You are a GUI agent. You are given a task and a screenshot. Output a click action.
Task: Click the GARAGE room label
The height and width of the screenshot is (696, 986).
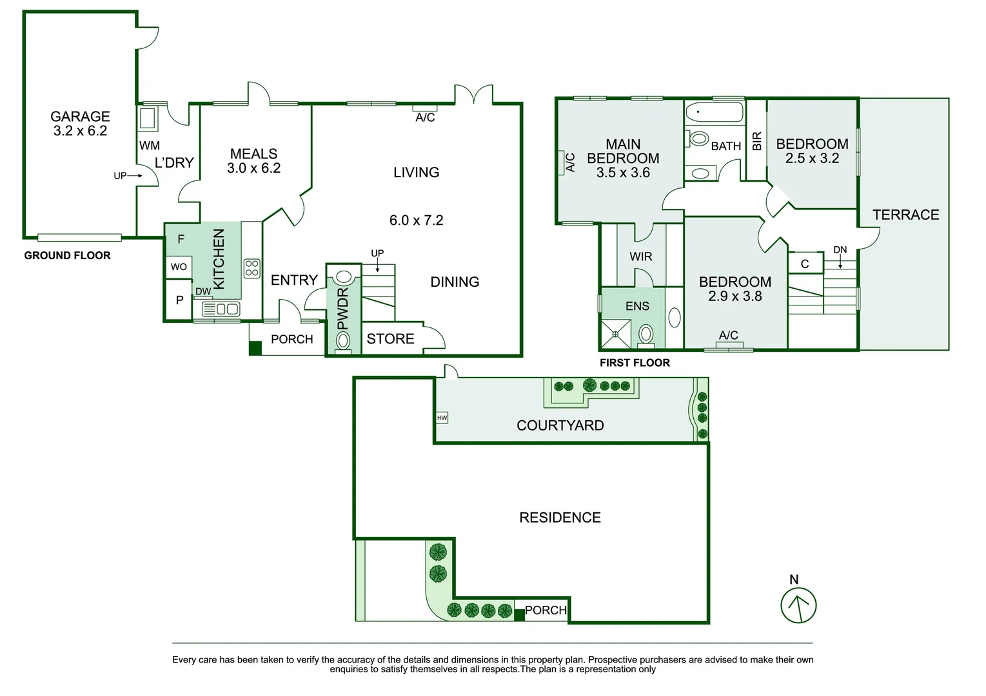point(80,116)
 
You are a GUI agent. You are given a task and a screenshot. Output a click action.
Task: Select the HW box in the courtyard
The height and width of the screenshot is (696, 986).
point(442,418)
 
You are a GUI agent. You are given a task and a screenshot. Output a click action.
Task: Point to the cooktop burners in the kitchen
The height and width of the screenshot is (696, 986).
point(252,268)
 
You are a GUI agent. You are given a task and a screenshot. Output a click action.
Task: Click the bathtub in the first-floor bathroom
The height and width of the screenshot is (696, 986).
point(714,111)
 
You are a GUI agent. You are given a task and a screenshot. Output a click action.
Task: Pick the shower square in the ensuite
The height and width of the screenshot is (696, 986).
point(615,334)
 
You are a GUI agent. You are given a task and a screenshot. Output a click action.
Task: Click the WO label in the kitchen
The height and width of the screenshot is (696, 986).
point(179,267)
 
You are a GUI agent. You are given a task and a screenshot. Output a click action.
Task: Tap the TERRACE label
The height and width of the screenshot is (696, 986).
point(906,215)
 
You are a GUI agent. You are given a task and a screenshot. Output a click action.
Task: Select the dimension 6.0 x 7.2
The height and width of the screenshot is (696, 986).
point(417,220)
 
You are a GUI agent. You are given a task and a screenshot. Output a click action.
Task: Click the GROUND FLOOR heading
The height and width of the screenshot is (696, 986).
point(67,256)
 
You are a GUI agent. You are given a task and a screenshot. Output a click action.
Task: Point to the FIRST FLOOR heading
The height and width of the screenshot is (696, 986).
point(635,363)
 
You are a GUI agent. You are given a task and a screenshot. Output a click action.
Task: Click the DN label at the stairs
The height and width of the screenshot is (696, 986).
point(840,250)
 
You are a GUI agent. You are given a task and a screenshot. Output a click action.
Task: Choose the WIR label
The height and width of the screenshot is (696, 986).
point(641,256)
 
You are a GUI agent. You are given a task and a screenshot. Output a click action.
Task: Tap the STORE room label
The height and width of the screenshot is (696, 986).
point(390,339)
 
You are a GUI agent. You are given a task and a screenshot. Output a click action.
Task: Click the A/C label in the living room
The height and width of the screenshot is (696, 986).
point(425,117)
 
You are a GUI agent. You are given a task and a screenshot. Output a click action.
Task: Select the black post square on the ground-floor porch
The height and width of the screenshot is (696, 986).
point(255,348)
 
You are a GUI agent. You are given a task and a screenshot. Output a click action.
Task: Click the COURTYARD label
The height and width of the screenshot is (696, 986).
point(560,425)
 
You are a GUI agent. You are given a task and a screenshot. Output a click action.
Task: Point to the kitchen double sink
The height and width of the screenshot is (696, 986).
point(221,309)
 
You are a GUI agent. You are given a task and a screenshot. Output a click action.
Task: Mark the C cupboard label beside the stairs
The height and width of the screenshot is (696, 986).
point(805,264)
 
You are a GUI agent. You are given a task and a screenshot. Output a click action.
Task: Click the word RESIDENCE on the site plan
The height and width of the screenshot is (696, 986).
point(560,517)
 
